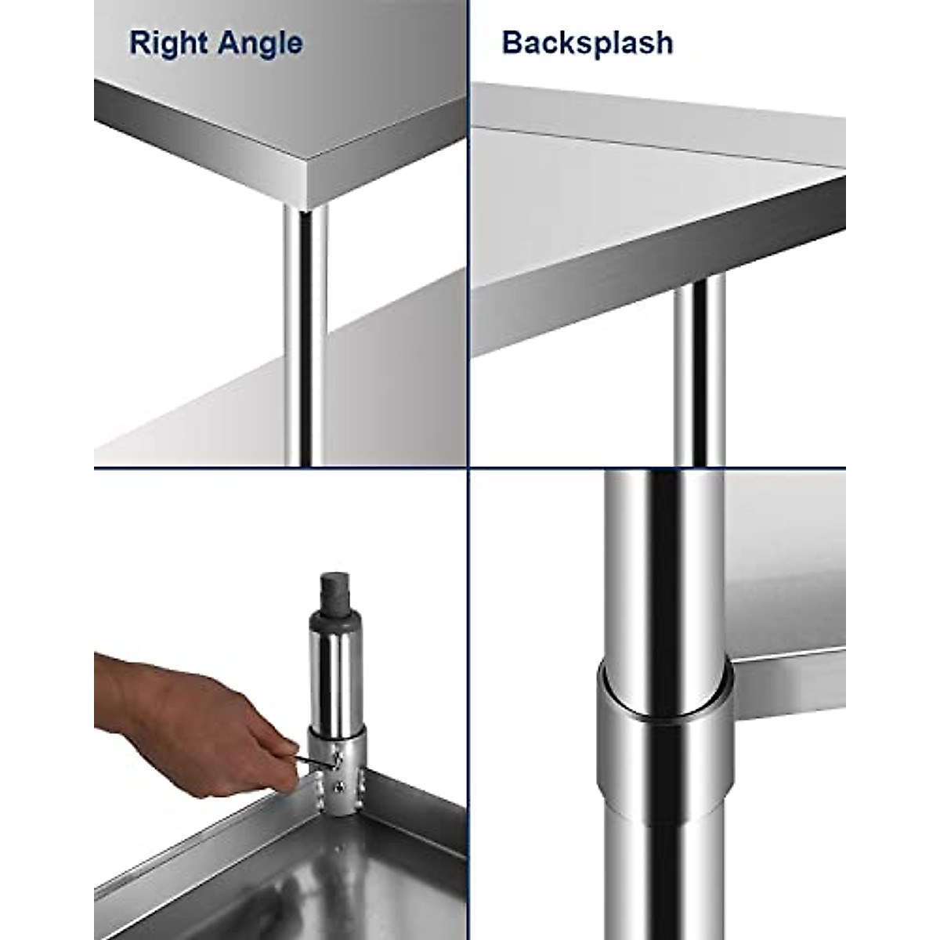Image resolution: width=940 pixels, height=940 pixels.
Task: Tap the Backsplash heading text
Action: [587, 42]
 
